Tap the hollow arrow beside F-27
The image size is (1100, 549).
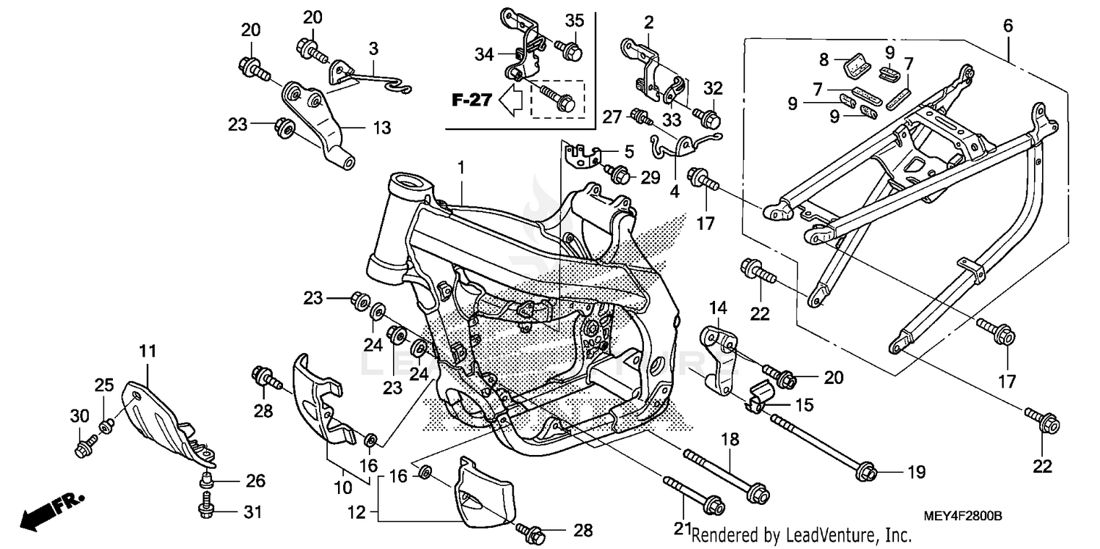pyautogui.click(x=509, y=101)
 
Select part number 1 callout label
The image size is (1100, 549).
pyautogui.click(x=462, y=168)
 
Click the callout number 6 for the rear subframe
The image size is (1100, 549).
pyautogui.click(x=1008, y=26)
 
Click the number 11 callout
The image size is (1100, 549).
pyautogui.click(x=148, y=352)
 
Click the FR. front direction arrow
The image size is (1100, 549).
pyautogui.click(x=51, y=509)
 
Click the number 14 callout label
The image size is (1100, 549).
pyautogui.click(x=717, y=307)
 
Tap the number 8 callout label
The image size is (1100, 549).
pyautogui.click(x=824, y=59)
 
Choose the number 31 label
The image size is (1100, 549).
pyautogui.click(x=252, y=512)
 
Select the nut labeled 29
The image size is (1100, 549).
pyautogui.click(x=620, y=175)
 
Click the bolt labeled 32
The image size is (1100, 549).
pyautogui.click(x=708, y=117)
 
